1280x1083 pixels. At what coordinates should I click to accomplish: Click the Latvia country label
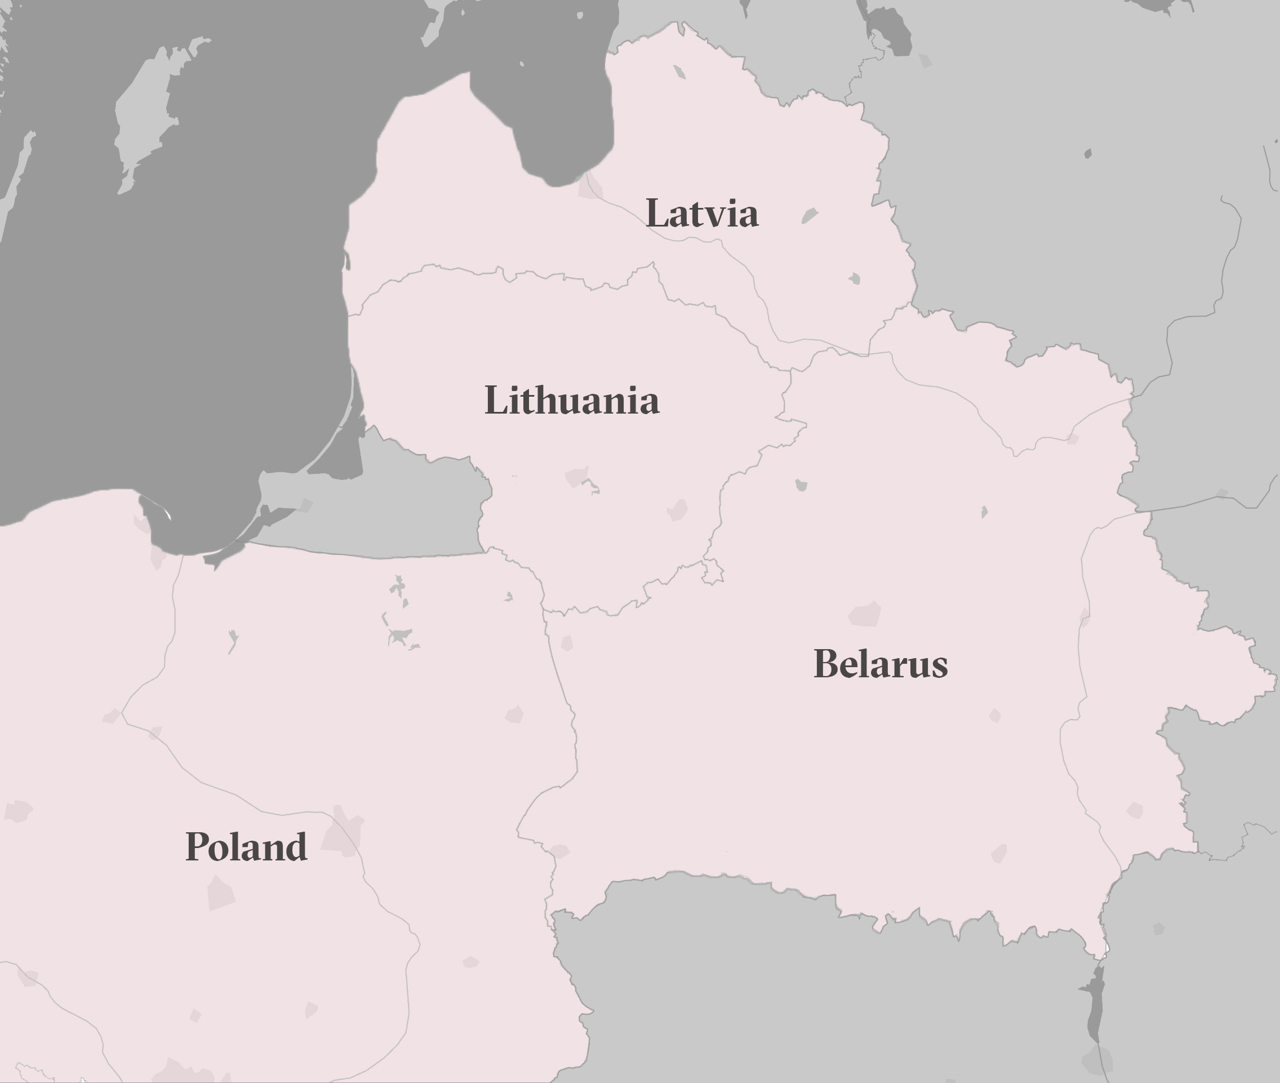point(702,214)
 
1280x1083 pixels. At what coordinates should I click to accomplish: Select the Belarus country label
point(881,664)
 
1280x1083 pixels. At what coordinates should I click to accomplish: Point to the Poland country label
point(246,847)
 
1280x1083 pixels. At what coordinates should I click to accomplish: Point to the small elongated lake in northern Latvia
point(679,72)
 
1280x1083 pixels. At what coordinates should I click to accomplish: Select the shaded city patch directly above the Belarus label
point(864,614)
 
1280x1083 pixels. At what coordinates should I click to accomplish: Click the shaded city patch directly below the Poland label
point(220,893)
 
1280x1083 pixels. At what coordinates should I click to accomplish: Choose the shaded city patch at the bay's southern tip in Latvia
point(589,187)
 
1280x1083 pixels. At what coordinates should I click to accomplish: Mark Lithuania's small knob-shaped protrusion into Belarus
point(713,571)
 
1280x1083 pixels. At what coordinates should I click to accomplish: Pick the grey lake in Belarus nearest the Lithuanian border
point(801,486)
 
